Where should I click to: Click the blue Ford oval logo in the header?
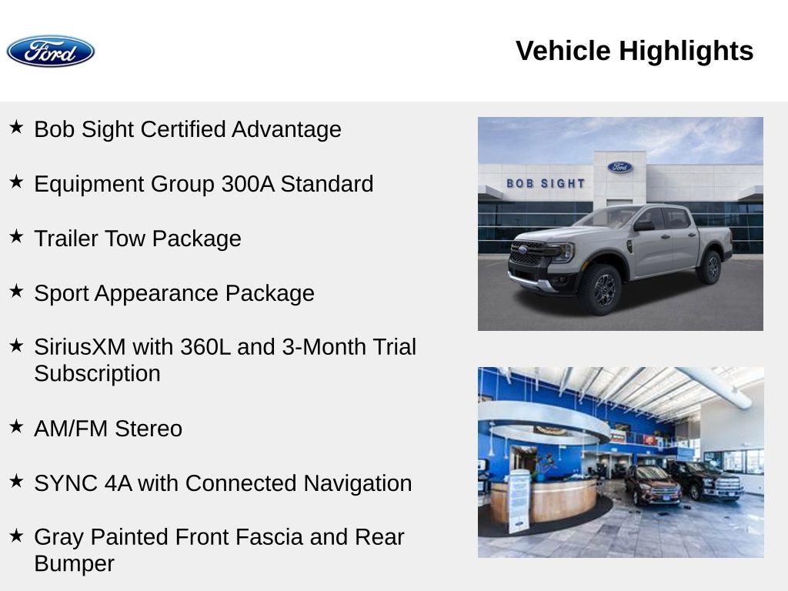(x=50, y=52)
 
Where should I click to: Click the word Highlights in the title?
(x=686, y=51)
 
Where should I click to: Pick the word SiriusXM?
(x=80, y=347)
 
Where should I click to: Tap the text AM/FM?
(x=71, y=429)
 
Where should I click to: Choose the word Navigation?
(x=357, y=483)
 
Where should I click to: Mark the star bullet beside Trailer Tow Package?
(x=16, y=235)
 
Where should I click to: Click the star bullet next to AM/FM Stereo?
(x=16, y=426)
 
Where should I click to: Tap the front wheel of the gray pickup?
(x=600, y=290)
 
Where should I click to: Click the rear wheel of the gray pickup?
(x=710, y=267)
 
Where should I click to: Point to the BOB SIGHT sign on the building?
(x=546, y=183)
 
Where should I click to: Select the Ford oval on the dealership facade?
(x=619, y=167)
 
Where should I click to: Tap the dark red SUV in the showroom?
(x=652, y=484)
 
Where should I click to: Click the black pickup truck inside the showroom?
(x=706, y=480)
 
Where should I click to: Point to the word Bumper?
(x=75, y=564)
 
